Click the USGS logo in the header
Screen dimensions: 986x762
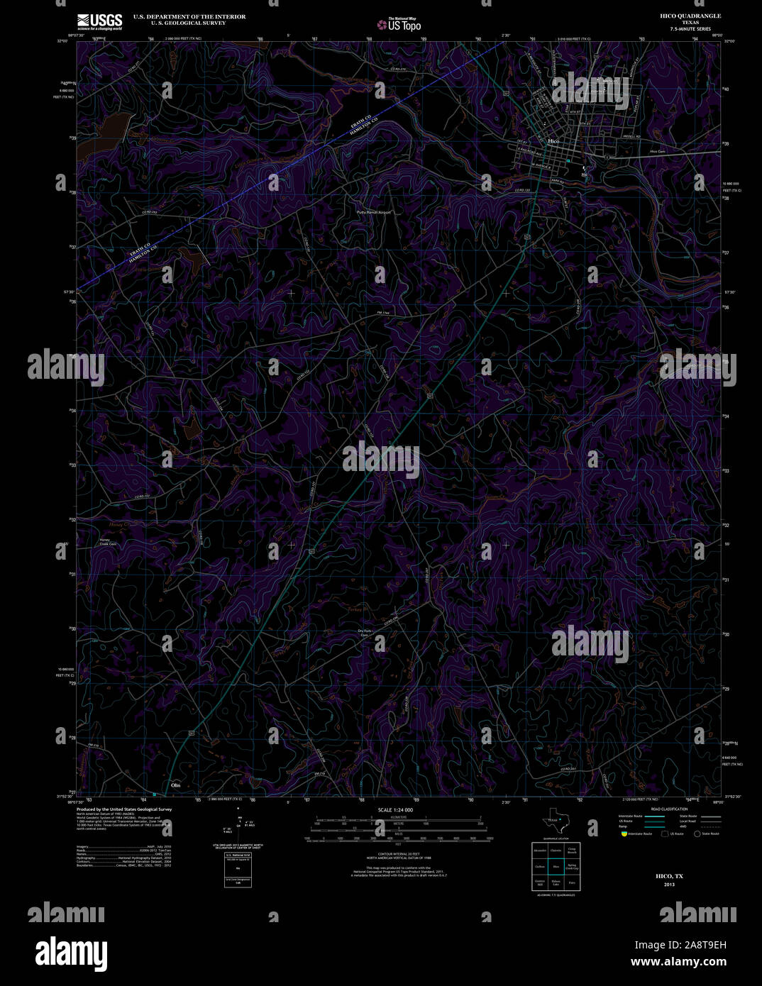click(x=99, y=21)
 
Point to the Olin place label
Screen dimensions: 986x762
click(x=176, y=786)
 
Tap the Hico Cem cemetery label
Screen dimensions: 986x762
click(x=657, y=151)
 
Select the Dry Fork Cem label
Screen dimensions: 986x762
click(x=365, y=633)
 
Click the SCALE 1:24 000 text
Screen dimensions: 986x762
click(x=395, y=809)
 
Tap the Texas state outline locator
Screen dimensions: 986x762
click(x=556, y=823)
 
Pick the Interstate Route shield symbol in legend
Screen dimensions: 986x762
click(x=623, y=833)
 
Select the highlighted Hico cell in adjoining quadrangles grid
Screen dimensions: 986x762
click(x=556, y=867)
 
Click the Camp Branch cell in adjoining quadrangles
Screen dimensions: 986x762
click(x=572, y=851)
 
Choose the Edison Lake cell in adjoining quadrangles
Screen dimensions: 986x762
click(x=556, y=883)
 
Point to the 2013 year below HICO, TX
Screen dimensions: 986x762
click(x=670, y=885)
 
